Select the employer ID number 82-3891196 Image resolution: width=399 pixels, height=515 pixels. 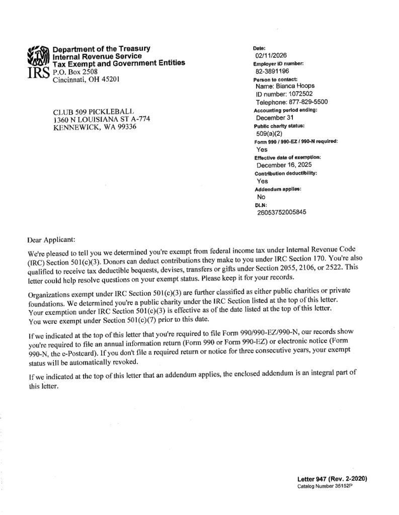coord(273,71)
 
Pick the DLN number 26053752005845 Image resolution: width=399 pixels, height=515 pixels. coord(281,212)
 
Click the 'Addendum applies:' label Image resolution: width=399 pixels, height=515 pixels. coord(277,189)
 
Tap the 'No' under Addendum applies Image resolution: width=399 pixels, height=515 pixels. coord(261,197)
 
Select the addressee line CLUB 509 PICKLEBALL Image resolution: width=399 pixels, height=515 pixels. coord(94,112)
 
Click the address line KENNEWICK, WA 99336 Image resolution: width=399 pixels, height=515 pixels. coord(95,127)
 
